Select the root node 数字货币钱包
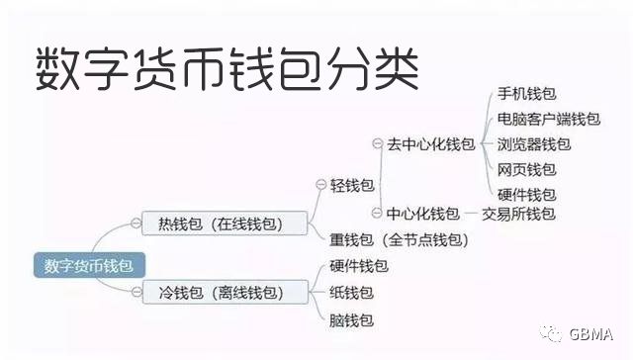coord(89,265)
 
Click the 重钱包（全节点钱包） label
coord(399,239)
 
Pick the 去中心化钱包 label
coord(430,144)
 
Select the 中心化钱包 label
coord(422,214)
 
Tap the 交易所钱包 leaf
coord(518,214)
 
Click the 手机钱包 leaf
coord(526,95)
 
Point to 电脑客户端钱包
coord(548,120)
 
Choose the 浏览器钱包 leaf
coord(534,144)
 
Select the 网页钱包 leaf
coord(526,169)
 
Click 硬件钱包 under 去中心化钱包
coord(526,194)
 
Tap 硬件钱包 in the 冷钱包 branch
coord(358,266)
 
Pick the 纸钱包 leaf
coord(351,293)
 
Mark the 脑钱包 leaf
coord(351,319)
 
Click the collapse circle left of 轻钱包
coord(320,185)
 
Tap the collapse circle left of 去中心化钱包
coord(377,144)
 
